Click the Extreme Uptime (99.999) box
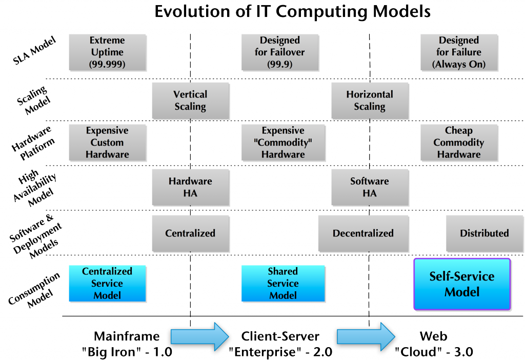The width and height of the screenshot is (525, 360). [107, 52]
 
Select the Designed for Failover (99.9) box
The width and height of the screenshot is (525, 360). [280, 52]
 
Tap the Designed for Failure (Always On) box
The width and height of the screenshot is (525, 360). [459, 52]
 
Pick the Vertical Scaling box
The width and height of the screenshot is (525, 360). [190, 101]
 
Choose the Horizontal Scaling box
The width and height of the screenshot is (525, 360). [370, 101]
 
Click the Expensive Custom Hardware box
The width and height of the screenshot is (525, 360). [107, 143]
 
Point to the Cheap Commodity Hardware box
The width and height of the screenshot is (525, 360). [459, 143]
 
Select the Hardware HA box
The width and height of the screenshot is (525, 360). [190, 187]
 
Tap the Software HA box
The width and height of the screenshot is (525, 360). [370, 187]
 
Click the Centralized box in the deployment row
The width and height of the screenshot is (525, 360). [190, 233]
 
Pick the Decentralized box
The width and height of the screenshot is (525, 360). [363, 233]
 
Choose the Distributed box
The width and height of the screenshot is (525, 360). [484, 233]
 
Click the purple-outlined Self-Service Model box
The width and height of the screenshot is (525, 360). [462, 284]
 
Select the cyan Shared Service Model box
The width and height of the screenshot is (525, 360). [283, 283]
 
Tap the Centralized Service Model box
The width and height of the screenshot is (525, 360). [107, 283]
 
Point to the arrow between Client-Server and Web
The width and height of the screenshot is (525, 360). [365, 337]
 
